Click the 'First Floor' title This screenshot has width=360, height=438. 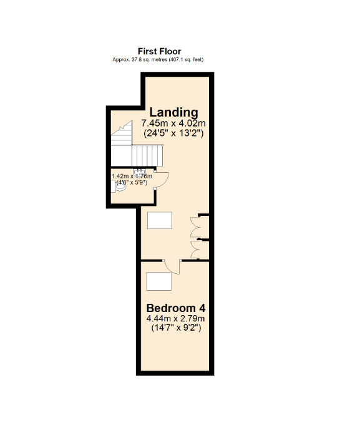(x=159, y=51)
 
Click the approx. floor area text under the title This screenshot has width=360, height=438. (x=158, y=59)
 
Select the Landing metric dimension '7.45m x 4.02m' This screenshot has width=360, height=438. (x=173, y=124)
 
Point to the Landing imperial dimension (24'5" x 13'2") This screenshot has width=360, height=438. (x=173, y=133)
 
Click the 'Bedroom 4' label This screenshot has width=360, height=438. (x=176, y=308)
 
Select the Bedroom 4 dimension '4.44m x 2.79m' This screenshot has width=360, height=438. (x=176, y=319)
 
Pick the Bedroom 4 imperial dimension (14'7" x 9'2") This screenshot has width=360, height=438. (x=176, y=328)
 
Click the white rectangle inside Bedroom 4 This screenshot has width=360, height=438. (x=158, y=282)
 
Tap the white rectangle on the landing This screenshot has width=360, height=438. (x=159, y=220)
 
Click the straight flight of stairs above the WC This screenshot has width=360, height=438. (x=148, y=154)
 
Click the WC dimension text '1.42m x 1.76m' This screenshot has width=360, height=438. (x=132, y=177)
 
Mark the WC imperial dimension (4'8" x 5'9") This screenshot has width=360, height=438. (x=132, y=183)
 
